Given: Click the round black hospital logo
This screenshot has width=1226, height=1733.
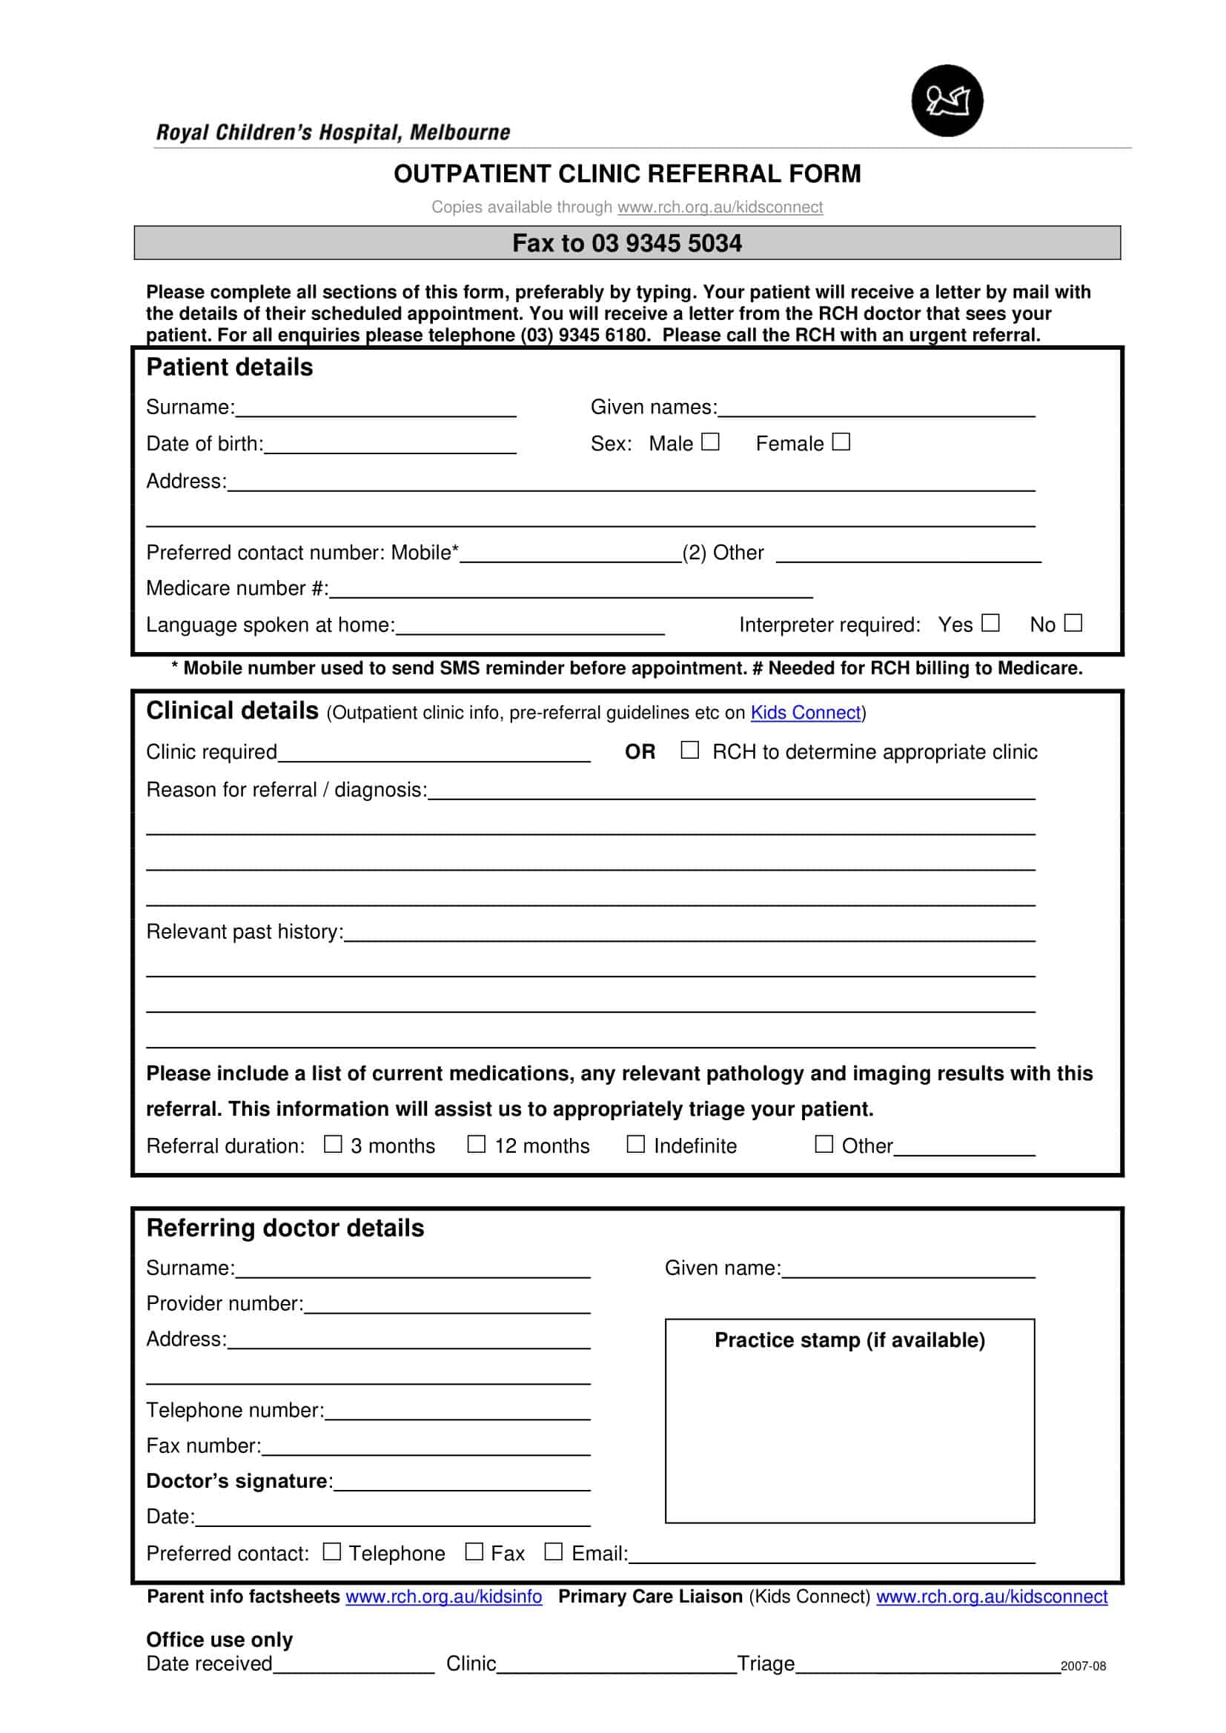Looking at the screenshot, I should pyautogui.click(x=947, y=100).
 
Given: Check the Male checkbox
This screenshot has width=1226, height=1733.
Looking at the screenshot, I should pyautogui.click(x=709, y=442).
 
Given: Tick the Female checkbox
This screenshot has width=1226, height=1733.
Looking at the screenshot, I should pyautogui.click(x=841, y=442).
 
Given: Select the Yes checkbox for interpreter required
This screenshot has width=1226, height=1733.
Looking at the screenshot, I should pyautogui.click(x=990, y=622).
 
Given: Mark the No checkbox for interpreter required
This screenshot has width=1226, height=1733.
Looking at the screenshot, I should pyautogui.click(x=1073, y=622).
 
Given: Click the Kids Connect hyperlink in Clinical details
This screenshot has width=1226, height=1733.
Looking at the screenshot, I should pyautogui.click(x=805, y=713).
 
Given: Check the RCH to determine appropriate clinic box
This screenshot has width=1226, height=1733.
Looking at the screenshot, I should pyautogui.click(x=689, y=750).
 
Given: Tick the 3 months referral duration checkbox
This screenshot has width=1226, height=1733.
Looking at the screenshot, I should pyautogui.click(x=333, y=1144).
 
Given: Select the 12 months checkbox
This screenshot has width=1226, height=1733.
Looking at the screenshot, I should pyautogui.click(x=477, y=1144).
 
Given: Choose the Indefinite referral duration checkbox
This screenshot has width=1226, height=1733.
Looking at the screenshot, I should pyautogui.click(x=636, y=1144).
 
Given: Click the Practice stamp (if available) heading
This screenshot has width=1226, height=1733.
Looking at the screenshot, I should pyautogui.click(x=849, y=1340).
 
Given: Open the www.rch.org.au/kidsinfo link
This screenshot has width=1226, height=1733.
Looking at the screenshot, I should pyautogui.click(x=443, y=1597).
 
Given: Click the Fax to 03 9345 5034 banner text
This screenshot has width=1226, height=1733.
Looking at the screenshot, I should pyautogui.click(x=626, y=243).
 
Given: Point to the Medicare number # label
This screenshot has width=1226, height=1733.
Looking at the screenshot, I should pyautogui.click(x=237, y=588).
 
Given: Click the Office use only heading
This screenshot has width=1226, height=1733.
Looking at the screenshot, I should pyautogui.click(x=219, y=1640).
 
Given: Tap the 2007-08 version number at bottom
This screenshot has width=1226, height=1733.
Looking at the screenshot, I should pyautogui.click(x=1082, y=1666).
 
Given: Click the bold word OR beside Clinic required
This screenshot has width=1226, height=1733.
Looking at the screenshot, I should pyautogui.click(x=640, y=752).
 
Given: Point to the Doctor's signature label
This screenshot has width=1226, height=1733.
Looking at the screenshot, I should pyautogui.click(x=239, y=1481).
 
